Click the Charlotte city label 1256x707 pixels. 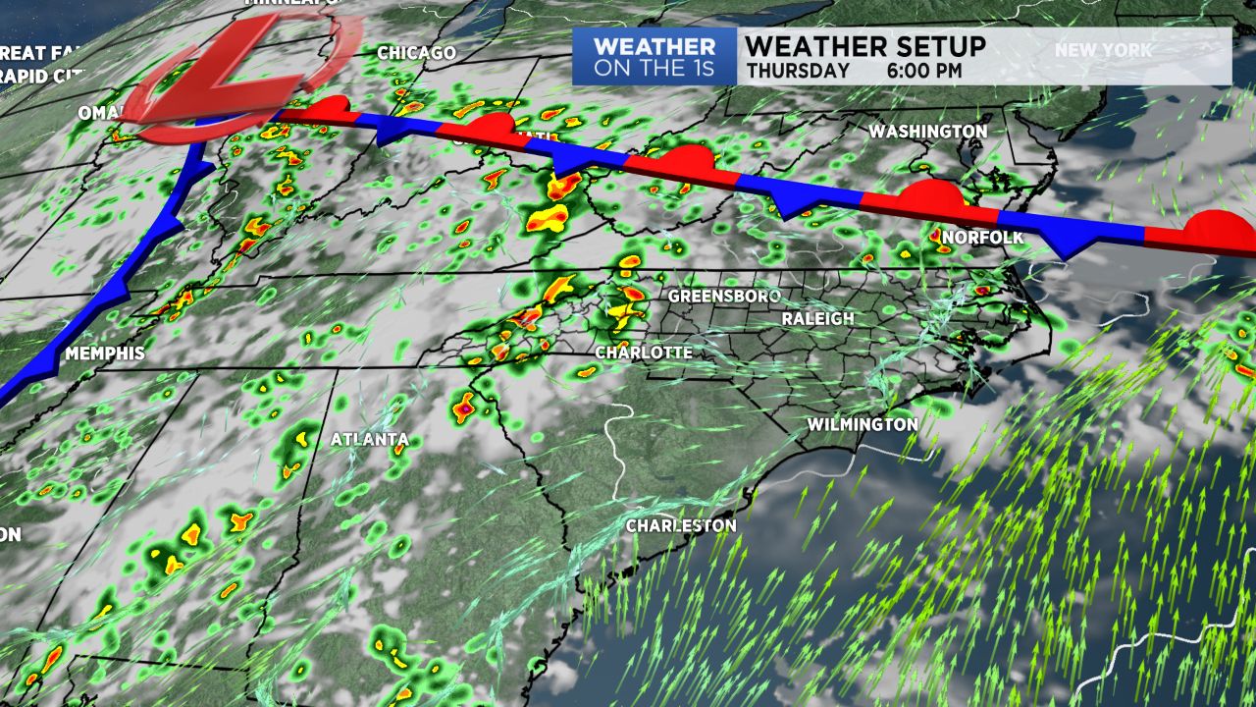[x=644, y=353]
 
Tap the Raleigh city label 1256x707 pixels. [x=817, y=319]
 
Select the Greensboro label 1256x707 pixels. [x=724, y=296]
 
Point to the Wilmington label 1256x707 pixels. [x=863, y=424]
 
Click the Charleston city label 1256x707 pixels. [x=681, y=526]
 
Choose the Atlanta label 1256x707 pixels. [x=369, y=439]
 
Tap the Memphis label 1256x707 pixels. [x=105, y=353]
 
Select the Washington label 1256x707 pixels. [x=927, y=131]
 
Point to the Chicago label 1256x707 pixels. [x=416, y=52]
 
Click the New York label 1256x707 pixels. [x=1104, y=50]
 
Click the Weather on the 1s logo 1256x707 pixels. [x=654, y=57]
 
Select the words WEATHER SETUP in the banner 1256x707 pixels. [x=865, y=46]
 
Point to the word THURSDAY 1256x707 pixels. [x=797, y=71]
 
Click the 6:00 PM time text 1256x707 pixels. [x=923, y=71]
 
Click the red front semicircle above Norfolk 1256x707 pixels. [x=929, y=195]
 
